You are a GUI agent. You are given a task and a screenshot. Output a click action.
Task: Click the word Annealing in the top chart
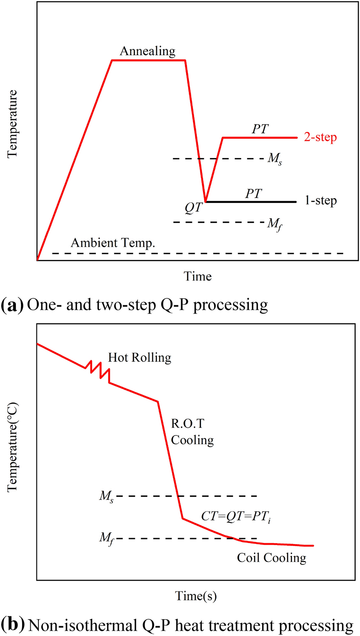click(147, 52)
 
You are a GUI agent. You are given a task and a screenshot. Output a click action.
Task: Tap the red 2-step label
click(320, 138)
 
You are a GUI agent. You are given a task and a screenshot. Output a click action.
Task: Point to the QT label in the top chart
click(192, 208)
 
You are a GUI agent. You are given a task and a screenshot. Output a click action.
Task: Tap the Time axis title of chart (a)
click(197, 276)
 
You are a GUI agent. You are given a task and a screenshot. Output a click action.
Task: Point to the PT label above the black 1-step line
click(254, 194)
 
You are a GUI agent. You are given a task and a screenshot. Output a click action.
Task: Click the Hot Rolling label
click(139, 357)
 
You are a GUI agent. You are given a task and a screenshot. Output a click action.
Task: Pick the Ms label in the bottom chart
click(106, 497)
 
